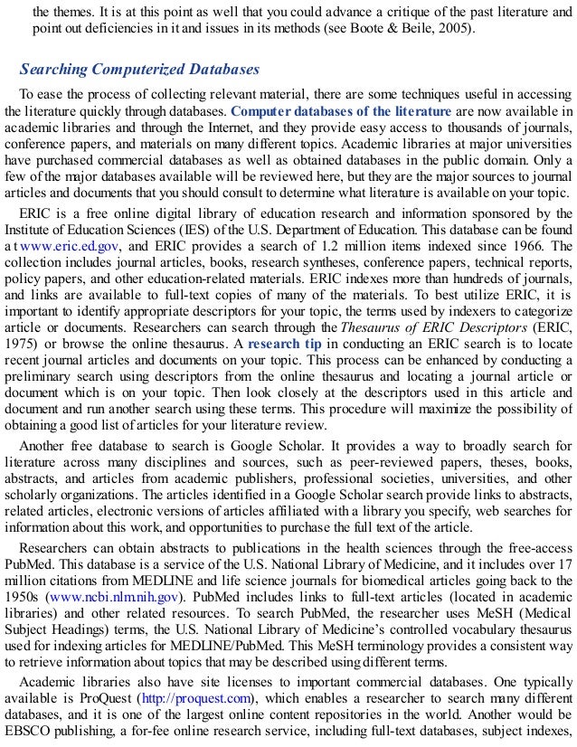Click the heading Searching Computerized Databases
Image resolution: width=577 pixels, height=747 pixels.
tap(139, 70)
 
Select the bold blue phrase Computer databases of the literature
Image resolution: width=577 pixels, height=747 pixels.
tap(341, 111)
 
